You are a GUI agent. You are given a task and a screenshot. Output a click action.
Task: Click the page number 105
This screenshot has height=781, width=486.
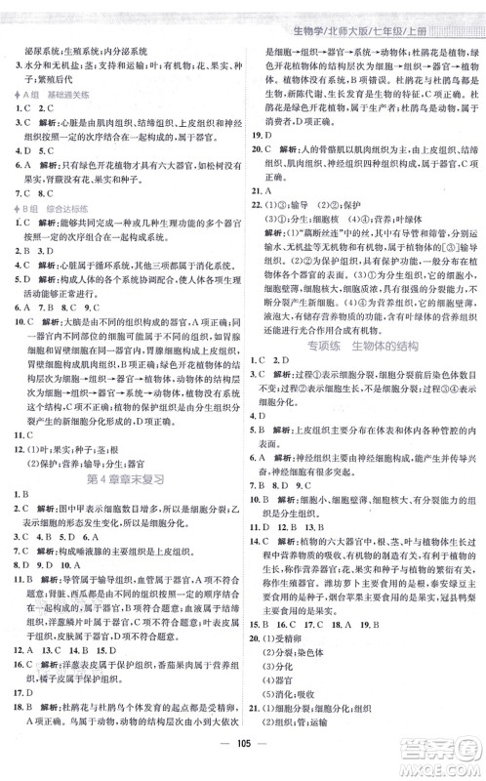[x=243, y=761]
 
